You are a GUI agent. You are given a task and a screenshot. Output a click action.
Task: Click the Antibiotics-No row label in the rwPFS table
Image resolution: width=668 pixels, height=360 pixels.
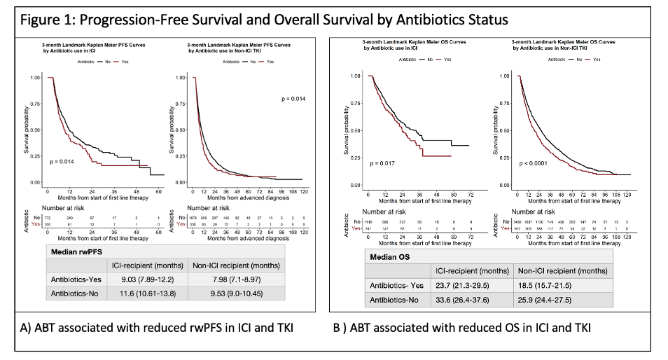(75, 295)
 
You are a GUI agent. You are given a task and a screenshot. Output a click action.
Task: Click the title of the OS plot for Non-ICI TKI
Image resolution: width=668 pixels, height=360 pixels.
(563, 45)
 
